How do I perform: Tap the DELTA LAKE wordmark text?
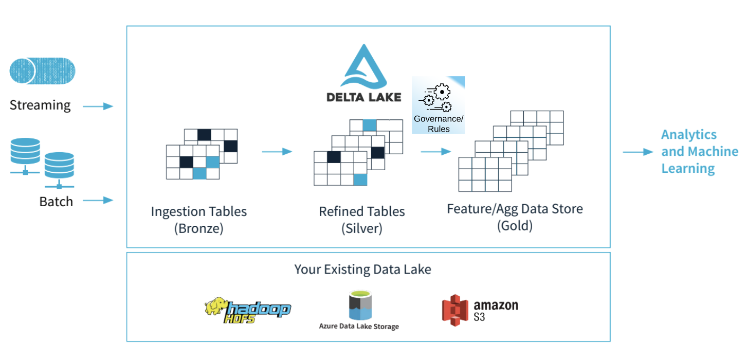pyautogui.click(x=364, y=97)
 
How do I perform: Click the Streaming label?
pyautogui.click(x=40, y=105)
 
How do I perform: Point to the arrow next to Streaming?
pyautogui.click(x=98, y=106)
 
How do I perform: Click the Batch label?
pyautogui.click(x=56, y=202)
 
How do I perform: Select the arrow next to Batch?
pyautogui.click(x=98, y=200)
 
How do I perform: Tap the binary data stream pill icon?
pyautogui.click(x=42, y=70)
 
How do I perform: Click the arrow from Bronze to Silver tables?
pyautogui.click(x=277, y=152)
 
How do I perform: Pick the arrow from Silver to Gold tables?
pyautogui.click(x=435, y=152)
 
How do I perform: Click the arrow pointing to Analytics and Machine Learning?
pyautogui.click(x=638, y=152)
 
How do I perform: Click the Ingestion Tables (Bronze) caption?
pyautogui.click(x=198, y=220)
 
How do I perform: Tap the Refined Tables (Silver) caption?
pyautogui.click(x=362, y=220)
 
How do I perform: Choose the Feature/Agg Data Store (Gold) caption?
pyautogui.click(x=515, y=217)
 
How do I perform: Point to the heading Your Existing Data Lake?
pyautogui.click(x=362, y=269)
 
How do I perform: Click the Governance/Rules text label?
pyautogui.click(x=439, y=124)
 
